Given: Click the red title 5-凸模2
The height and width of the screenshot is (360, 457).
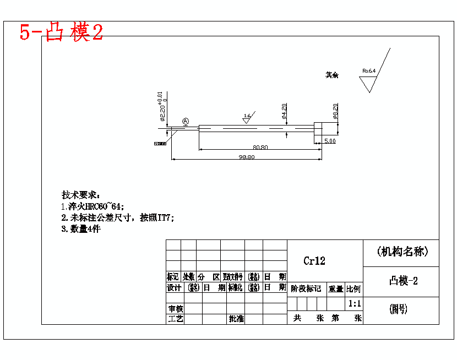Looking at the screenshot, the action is coord(61,32).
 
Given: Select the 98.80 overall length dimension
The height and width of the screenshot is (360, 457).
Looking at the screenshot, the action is coord(246,157).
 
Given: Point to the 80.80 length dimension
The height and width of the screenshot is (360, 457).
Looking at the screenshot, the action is coord(260,147).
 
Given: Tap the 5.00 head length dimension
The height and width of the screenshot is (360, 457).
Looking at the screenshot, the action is coord(329,141).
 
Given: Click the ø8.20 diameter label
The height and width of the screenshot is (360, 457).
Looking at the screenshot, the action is coord(335,112).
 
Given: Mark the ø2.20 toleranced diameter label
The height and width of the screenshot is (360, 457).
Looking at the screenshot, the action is coord(162,106).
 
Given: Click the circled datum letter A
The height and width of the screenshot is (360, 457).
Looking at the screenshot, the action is coord(186,121).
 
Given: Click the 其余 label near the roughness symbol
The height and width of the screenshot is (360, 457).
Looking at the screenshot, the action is coord(331,75).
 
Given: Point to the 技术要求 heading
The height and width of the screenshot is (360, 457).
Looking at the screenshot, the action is coord(80,195).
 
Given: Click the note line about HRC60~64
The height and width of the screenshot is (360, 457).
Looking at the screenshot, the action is coord(93,206).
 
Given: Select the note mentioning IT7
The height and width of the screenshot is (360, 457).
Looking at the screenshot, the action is coord(117,217).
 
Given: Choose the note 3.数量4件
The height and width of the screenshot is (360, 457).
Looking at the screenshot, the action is coord(80,229).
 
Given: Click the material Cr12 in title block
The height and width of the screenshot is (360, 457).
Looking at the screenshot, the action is coord(314,261).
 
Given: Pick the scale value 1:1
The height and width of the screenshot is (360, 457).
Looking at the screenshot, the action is coord(354,303).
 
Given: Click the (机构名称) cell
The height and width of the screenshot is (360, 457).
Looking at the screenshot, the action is coord(402,252).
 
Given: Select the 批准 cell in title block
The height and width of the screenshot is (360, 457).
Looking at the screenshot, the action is coord(236,319).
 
